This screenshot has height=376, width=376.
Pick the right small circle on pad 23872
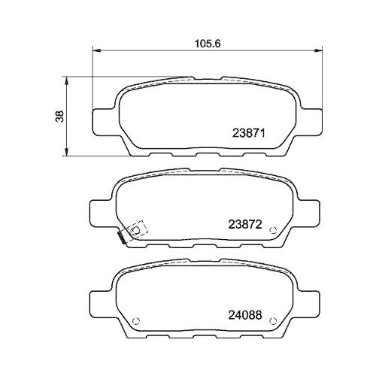pos(276,230)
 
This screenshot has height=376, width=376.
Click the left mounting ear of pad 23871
pos(102,120)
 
